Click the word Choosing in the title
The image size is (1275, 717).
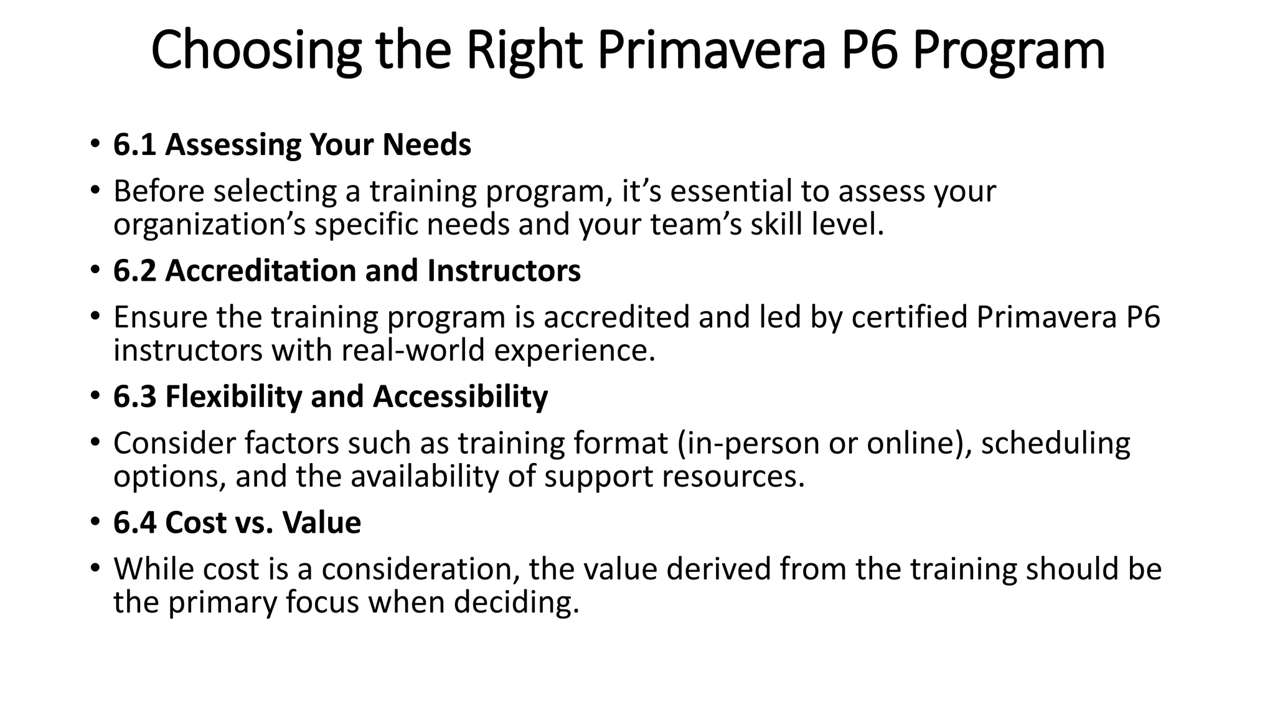pyautogui.click(x=256, y=51)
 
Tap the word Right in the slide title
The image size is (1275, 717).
pyautogui.click(x=524, y=51)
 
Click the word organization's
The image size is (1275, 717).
pyautogui.click(x=209, y=225)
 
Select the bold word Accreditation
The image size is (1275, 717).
pyautogui.click(x=260, y=271)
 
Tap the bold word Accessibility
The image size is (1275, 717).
pyautogui.click(x=460, y=397)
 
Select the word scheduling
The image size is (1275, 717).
pyautogui.click(x=1055, y=444)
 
